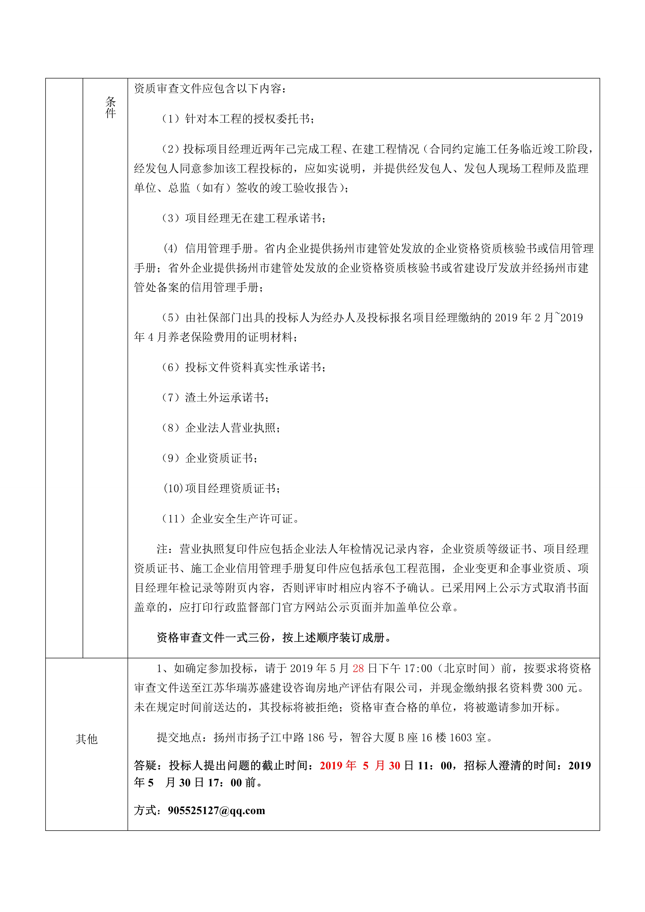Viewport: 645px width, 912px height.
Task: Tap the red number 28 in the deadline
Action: [358, 669]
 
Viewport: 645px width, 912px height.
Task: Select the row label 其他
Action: [87, 739]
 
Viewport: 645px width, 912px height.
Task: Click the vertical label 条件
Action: [111, 107]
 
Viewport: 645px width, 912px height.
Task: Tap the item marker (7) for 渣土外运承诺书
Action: [171, 398]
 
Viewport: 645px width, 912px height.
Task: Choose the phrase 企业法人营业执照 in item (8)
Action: [230, 428]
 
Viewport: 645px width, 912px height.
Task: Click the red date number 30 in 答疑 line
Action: [394, 765]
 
